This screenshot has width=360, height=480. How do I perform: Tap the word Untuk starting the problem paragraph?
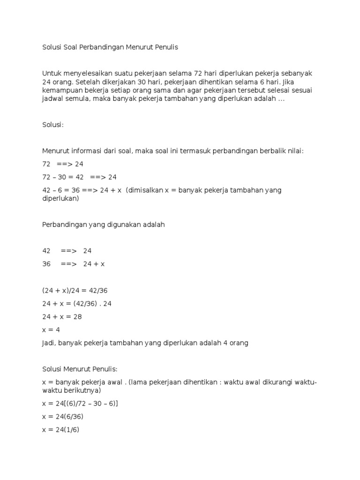coord(52,74)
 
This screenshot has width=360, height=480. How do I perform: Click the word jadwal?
coord(53,99)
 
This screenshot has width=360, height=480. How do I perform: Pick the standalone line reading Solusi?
coord(52,125)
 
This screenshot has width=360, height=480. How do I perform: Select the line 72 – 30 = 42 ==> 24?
coord(79,177)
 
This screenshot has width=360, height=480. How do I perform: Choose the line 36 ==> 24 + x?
coord(73,264)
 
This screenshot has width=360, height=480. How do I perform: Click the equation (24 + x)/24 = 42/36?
coord(78,291)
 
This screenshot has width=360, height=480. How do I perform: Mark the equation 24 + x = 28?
coord(62,317)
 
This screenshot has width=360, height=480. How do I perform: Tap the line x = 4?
coord(51,330)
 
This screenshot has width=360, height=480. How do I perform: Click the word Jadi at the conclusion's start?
coord(49,343)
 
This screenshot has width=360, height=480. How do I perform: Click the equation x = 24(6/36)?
coord(62,416)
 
